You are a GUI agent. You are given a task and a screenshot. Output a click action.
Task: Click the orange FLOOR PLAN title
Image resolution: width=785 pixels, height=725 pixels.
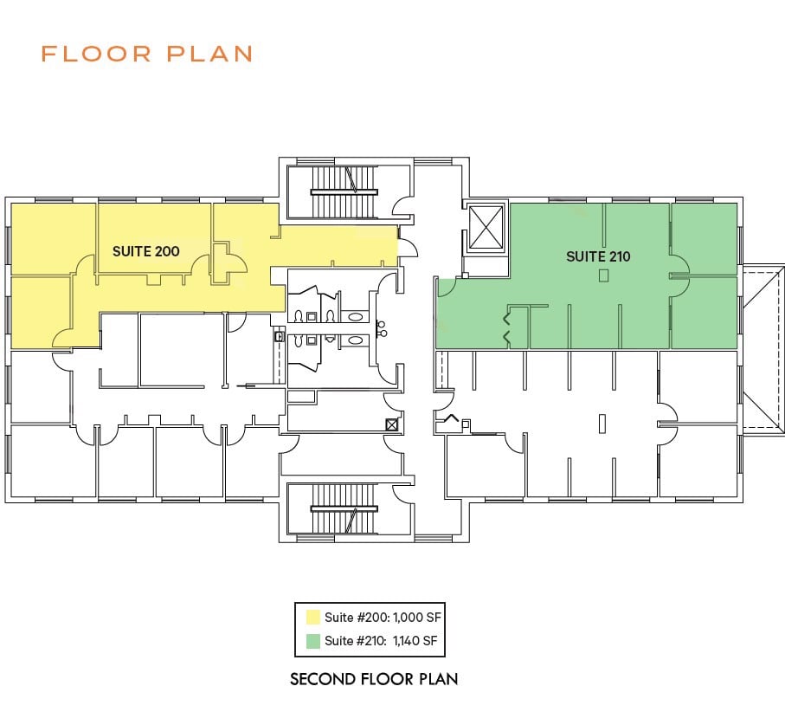(x=146, y=54)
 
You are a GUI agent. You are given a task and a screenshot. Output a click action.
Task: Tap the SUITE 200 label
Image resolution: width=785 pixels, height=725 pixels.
(x=146, y=251)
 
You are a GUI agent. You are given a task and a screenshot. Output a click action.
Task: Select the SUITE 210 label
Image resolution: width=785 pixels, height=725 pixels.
(x=598, y=256)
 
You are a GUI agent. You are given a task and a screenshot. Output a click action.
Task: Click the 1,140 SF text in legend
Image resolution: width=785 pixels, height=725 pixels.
(x=417, y=641)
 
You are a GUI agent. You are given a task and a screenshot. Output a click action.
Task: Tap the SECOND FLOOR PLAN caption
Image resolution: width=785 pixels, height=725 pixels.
(x=374, y=679)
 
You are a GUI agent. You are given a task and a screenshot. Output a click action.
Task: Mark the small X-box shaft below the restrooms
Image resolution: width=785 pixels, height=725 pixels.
(x=391, y=424)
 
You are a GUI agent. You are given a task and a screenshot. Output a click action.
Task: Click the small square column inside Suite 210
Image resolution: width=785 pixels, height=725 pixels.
(x=603, y=275)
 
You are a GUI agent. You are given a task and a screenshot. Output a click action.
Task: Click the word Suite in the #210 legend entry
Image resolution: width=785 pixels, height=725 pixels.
(x=338, y=641)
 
